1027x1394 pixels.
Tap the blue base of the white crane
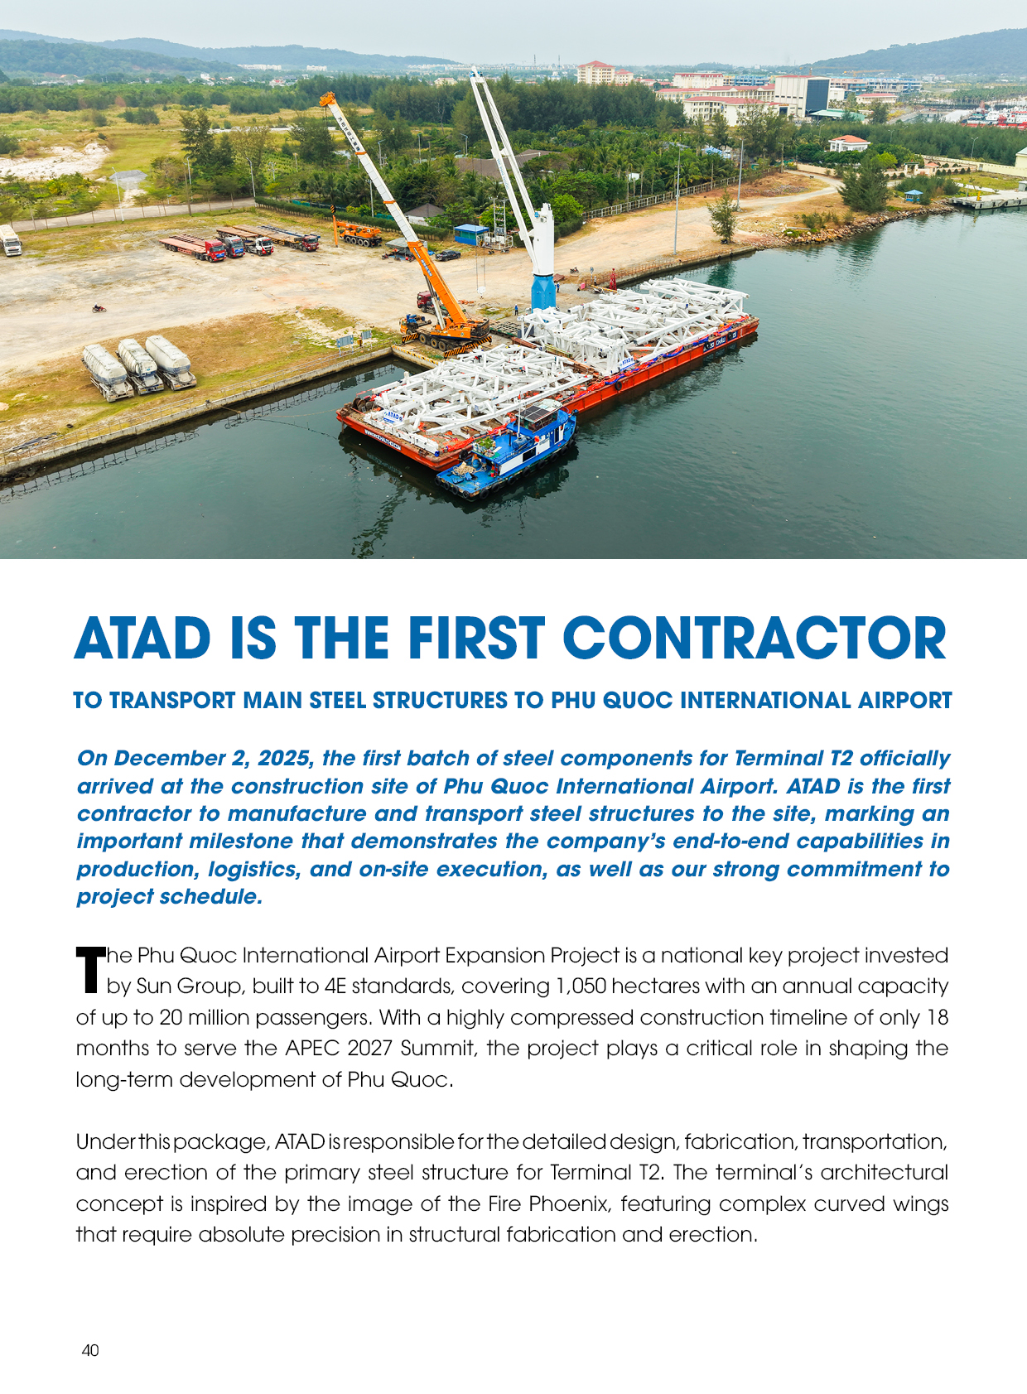click(543, 292)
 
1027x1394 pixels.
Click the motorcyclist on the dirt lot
click(99, 309)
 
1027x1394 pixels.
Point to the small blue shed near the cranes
click(470, 234)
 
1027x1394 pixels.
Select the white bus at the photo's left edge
click(10, 240)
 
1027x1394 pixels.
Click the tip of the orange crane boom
click(325, 99)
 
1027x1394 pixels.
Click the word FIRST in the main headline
click(475, 639)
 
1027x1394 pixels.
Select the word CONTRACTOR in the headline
click(754, 639)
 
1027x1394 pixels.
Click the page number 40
click(90, 1350)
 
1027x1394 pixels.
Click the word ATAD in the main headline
click(142, 639)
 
